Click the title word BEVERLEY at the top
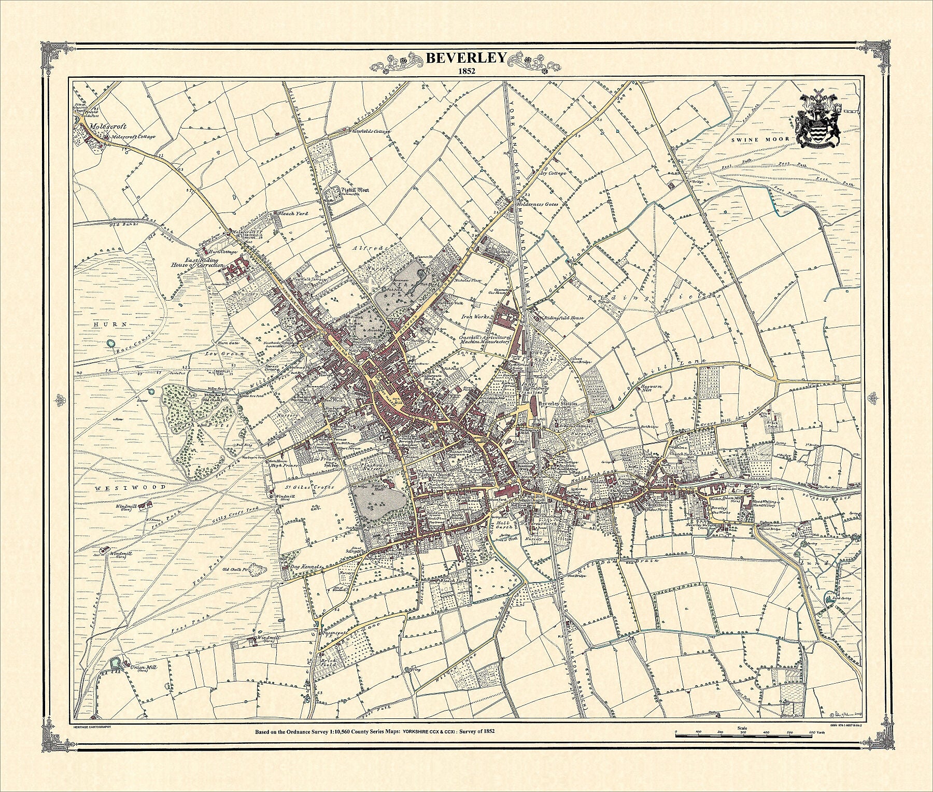[x=465, y=58]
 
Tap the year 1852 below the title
[x=465, y=72]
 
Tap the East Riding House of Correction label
[x=198, y=262]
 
